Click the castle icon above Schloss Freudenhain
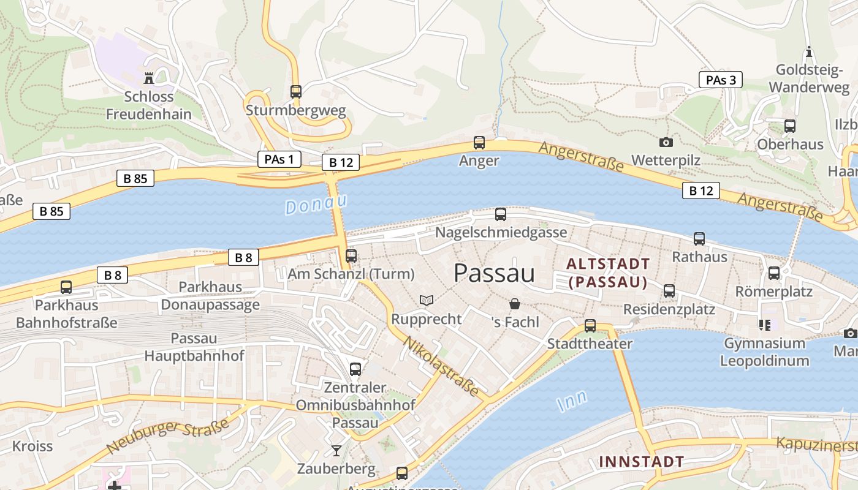pos(148,78)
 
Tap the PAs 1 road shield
pos(279,159)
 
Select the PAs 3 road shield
pos(720,80)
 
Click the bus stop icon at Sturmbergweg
pos(296,92)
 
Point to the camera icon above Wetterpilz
pos(666,142)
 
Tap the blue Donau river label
pos(316,204)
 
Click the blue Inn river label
pos(572,401)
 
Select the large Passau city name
pos(494,273)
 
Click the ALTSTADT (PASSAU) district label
pos(608,273)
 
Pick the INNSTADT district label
pos(641,461)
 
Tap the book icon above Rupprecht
pos(427,300)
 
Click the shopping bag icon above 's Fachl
pos(515,303)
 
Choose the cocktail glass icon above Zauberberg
pos(336,451)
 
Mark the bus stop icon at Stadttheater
pos(590,325)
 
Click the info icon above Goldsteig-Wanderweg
pos(809,51)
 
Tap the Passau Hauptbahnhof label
pos(194,347)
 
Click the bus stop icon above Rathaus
pos(699,239)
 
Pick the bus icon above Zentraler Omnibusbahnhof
pos(355,369)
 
